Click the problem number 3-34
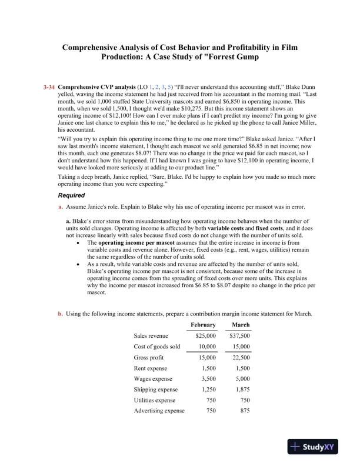point(49,86)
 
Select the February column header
point(203,325)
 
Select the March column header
point(241,325)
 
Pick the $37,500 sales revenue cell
point(239,335)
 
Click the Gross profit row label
point(150,357)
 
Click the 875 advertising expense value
point(244,410)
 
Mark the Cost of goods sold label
point(157,347)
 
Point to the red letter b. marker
point(60,314)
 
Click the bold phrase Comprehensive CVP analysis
point(94,86)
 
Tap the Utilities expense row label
point(155,400)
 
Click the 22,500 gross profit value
point(241,357)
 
